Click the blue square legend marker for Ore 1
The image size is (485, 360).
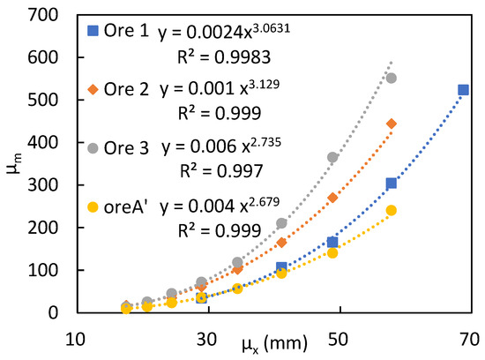91,33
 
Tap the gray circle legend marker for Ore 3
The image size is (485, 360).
91,145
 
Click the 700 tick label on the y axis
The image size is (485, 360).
50,15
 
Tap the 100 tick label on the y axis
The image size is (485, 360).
50,270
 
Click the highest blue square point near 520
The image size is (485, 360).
464,90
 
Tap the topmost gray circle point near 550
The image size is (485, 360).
392,78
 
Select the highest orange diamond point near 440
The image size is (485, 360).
392,124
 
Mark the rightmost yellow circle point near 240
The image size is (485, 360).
392,210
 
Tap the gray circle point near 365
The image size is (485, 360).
332,157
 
